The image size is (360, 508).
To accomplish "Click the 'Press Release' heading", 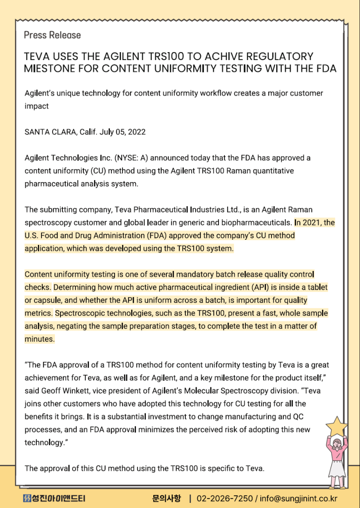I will tap(52, 35).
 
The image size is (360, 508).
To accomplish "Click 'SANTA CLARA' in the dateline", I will tap(49, 132).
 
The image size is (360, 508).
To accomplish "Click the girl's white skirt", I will tap(337, 467).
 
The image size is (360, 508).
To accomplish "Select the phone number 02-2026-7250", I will tap(225, 499).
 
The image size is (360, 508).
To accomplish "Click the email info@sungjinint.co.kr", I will tap(299, 499).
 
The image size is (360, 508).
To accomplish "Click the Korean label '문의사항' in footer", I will tap(167, 499).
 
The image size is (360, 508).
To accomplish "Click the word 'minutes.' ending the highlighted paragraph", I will tap(40, 339).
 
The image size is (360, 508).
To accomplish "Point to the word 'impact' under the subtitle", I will tap(36, 106).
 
